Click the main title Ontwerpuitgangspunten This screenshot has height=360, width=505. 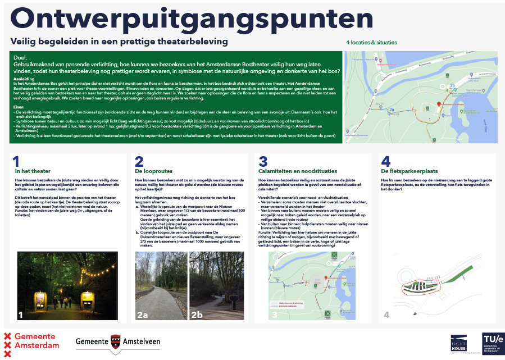click(x=192, y=19)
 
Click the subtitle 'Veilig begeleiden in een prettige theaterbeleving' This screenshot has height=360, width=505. click(x=119, y=42)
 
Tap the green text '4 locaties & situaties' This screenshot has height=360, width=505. click(x=371, y=43)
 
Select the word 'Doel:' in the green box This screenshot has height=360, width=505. click(x=21, y=57)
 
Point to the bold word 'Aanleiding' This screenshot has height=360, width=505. click(x=24, y=79)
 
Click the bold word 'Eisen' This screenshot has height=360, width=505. click(x=19, y=106)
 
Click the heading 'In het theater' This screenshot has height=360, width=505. click(x=33, y=171)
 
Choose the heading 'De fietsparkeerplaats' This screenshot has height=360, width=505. click(x=408, y=171)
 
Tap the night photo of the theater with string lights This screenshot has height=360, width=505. click(x=67, y=286)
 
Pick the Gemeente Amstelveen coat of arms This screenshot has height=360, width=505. click(x=114, y=341)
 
